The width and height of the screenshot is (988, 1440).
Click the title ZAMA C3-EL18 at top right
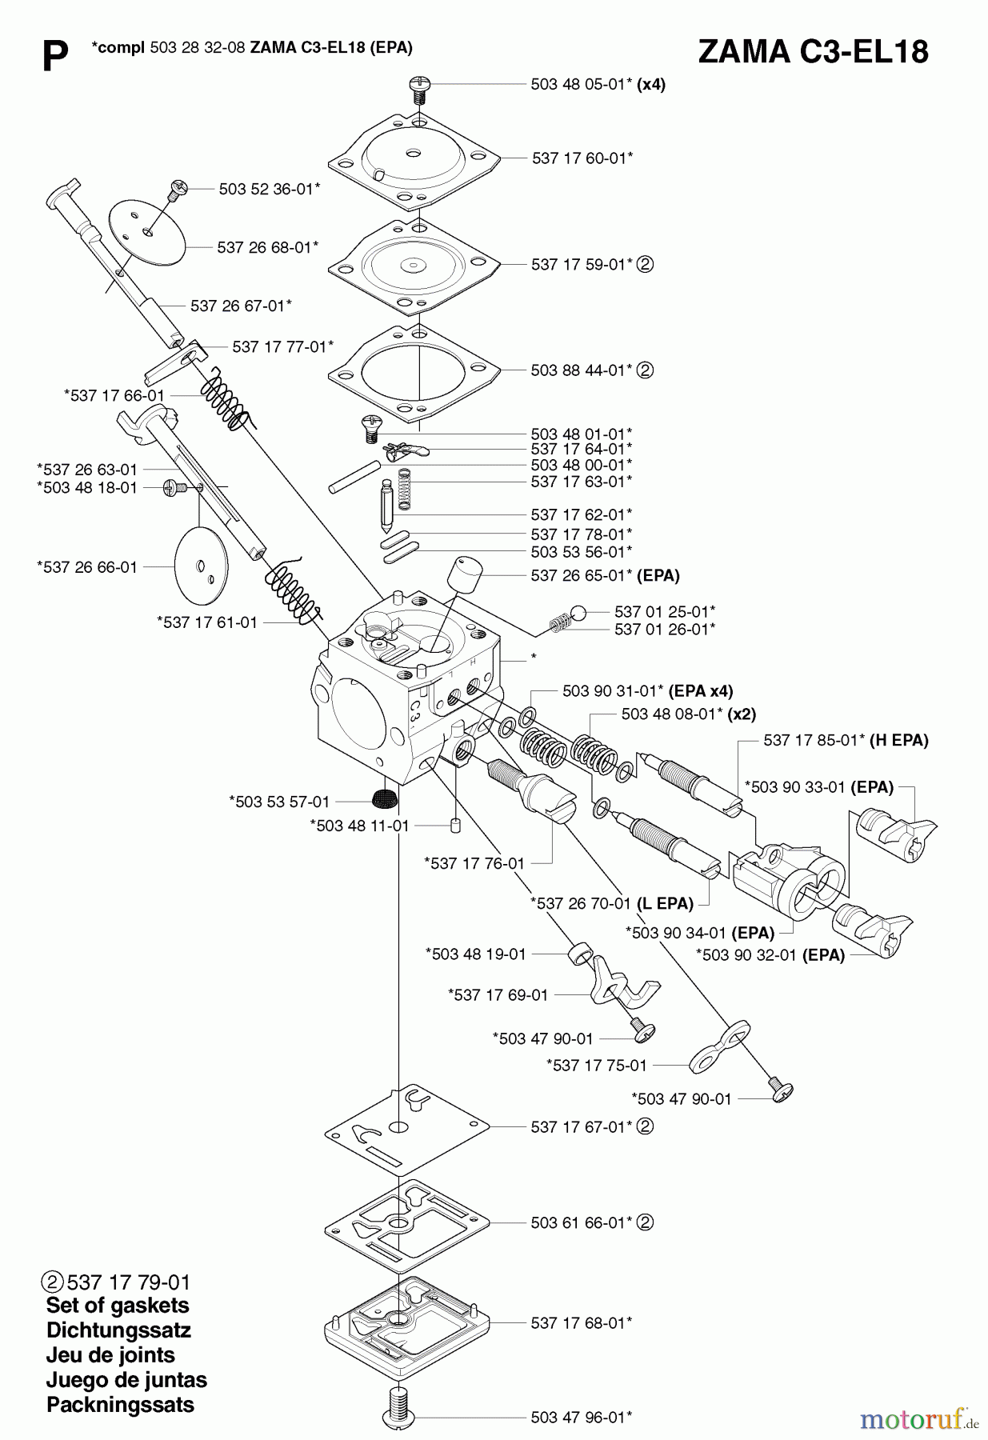point(813,51)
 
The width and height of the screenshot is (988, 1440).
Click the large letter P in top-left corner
point(54,58)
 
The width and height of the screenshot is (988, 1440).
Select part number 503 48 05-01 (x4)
point(598,84)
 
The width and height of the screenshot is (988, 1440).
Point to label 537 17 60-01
point(582,158)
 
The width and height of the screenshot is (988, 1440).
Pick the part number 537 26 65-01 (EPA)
point(605,575)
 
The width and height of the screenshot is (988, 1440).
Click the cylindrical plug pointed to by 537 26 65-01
point(464,573)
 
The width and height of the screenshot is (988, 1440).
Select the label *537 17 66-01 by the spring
point(114,395)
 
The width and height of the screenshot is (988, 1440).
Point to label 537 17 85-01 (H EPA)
point(846,740)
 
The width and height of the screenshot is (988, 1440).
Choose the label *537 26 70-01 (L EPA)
point(611,903)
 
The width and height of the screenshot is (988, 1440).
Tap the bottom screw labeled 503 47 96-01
point(400,1412)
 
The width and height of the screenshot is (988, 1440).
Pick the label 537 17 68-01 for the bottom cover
point(581,1323)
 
